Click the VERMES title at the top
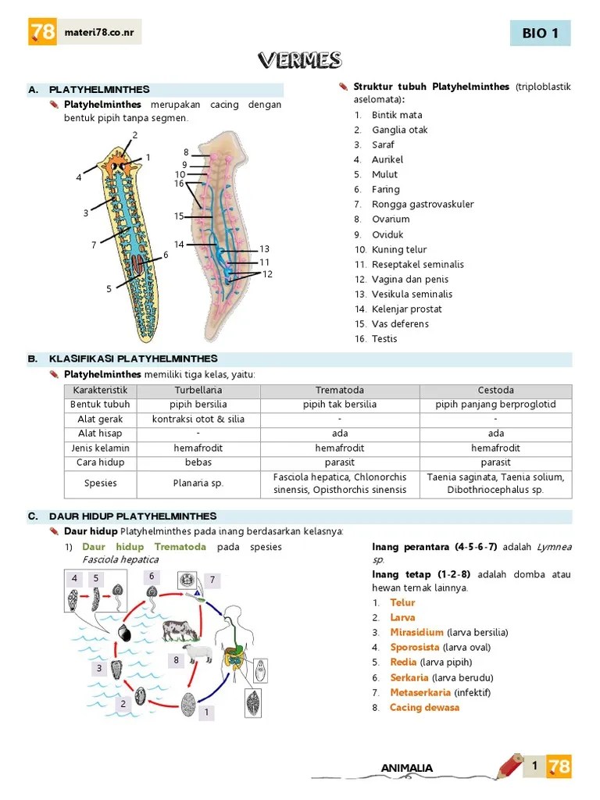point(299,60)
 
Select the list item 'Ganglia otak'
point(399,130)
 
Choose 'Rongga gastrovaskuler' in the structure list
point(422,204)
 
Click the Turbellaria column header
point(198,390)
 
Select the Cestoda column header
point(495,390)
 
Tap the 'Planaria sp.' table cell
point(198,483)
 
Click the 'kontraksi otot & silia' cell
point(198,420)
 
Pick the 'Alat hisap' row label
point(100,434)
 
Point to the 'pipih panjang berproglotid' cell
point(495,405)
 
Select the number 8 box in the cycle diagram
point(177,660)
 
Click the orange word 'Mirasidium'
point(417,632)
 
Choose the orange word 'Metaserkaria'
point(420,692)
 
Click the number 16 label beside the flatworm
point(179,184)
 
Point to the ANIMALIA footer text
point(406,769)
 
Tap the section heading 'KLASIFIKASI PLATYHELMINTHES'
point(133,359)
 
